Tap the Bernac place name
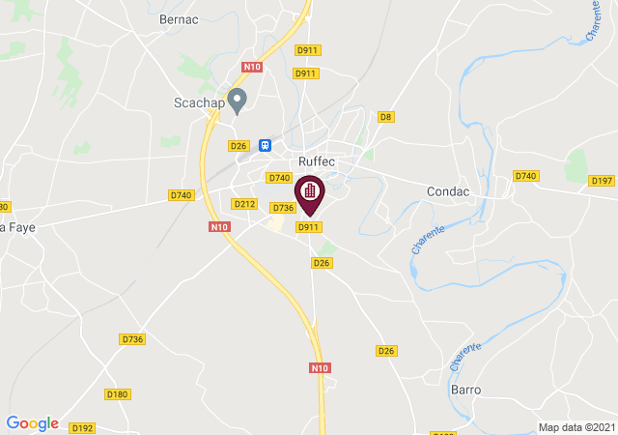click(179, 18)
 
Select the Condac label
click(448, 191)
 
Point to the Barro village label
click(465, 390)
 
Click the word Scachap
click(198, 101)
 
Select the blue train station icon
click(264, 145)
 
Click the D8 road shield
click(386, 117)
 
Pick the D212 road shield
click(244, 203)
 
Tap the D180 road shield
click(118, 393)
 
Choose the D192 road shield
click(82, 427)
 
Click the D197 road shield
click(602, 181)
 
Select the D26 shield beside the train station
click(239, 145)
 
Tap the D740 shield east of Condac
click(525, 175)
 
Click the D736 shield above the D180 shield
click(132, 338)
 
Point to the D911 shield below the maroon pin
click(308, 226)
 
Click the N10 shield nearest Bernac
click(252, 67)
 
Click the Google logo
click(32, 423)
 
